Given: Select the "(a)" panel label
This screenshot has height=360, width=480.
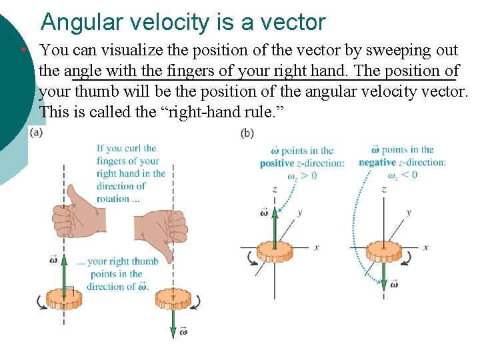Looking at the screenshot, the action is pyautogui.click(x=37, y=133).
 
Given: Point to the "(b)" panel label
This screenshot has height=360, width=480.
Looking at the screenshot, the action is pyautogui.click(x=247, y=133).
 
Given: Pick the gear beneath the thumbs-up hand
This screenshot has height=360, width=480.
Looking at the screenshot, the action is pyautogui.click(x=63, y=297).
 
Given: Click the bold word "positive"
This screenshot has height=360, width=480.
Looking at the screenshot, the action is pyautogui.click(x=277, y=163).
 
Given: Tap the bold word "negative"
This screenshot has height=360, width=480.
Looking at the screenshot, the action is pyautogui.click(x=377, y=162).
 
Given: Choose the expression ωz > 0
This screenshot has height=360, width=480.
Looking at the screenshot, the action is pyautogui.click(x=302, y=176).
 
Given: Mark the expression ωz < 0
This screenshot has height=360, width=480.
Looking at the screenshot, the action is pyautogui.click(x=402, y=175).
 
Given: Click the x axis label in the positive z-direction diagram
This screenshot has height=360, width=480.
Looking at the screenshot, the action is pyautogui.click(x=316, y=247).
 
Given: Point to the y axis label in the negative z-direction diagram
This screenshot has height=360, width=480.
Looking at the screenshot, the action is pyautogui.click(x=408, y=212).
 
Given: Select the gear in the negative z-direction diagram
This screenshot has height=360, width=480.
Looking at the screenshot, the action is pyautogui.click(x=383, y=252).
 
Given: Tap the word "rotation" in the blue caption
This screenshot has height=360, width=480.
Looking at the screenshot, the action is pyautogui.click(x=113, y=199).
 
